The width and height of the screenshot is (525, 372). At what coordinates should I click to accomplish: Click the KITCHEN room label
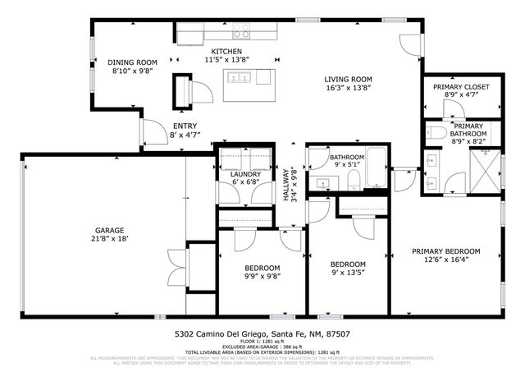(203, 51)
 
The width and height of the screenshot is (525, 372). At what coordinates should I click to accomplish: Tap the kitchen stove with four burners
(241, 33)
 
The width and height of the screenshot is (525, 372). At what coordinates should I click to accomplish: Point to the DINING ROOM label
(133, 62)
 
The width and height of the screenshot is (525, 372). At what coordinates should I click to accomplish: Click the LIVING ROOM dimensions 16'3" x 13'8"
(349, 87)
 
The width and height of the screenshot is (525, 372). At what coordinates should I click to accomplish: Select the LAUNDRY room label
(246, 174)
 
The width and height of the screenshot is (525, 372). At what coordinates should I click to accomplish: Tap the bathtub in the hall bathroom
(378, 168)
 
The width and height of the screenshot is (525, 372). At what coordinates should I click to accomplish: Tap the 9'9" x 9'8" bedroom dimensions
(262, 278)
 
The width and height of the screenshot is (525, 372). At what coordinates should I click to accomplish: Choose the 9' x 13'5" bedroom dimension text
(348, 273)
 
